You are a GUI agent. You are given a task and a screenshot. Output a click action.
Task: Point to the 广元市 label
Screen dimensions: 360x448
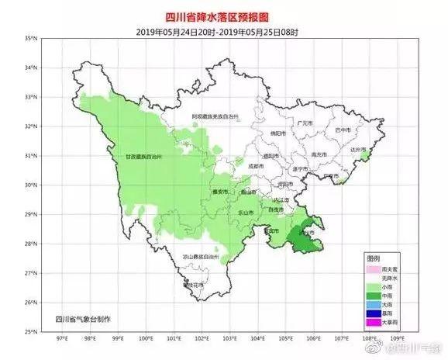point(305,123)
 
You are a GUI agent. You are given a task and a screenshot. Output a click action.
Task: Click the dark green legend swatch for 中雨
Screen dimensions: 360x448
point(375,295)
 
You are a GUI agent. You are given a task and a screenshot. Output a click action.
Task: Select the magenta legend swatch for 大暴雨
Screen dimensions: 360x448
point(375,320)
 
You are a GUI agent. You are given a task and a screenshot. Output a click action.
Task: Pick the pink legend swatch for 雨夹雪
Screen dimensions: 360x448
point(375,268)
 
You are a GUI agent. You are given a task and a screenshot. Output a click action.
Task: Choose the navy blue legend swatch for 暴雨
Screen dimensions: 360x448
point(375,312)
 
